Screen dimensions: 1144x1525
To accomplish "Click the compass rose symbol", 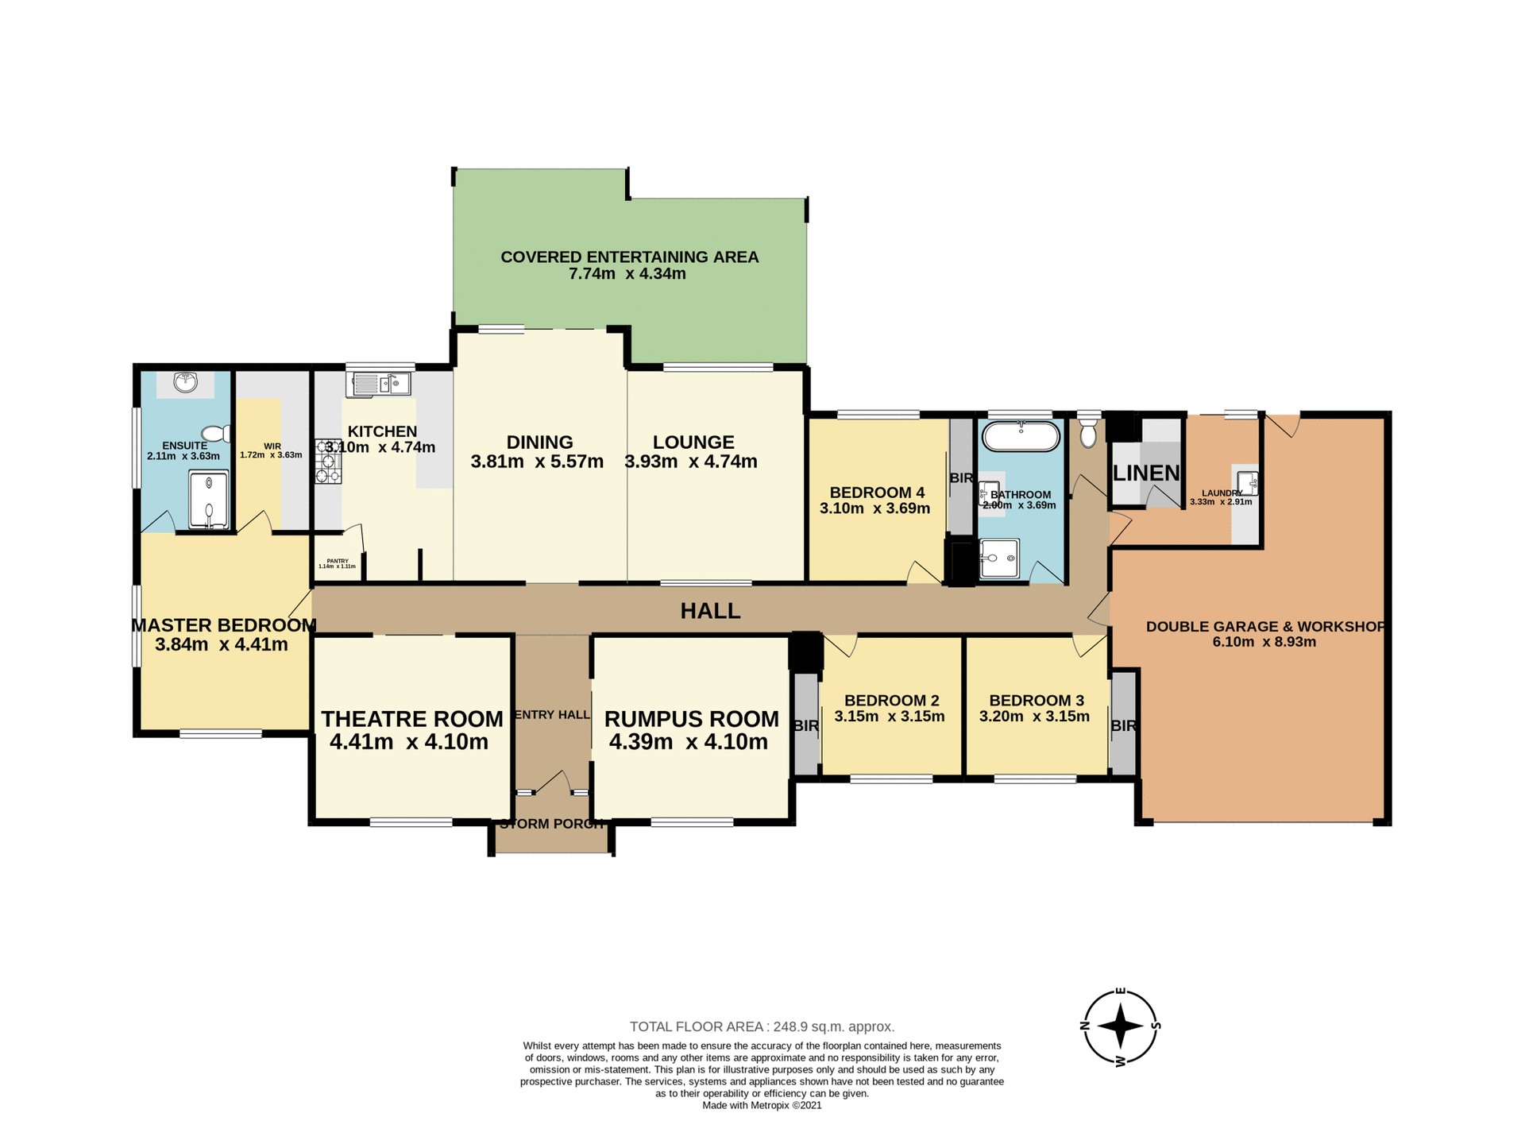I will click(x=1120, y=1026).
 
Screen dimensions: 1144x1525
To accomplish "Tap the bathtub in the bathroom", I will click(x=1021, y=437).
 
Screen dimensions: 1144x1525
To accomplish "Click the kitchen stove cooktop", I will click(x=327, y=462).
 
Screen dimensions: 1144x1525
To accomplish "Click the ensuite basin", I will click(x=185, y=383).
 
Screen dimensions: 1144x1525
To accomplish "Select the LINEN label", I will click(x=1145, y=473).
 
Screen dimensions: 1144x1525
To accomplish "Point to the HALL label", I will click(x=710, y=610).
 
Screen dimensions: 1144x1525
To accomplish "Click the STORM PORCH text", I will click(x=552, y=824).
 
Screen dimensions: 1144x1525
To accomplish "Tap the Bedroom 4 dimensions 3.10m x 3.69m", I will click(x=874, y=508).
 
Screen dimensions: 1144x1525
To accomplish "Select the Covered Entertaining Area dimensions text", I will click(x=627, y=274).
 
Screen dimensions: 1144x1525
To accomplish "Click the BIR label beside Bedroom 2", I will click(x=805, y=725).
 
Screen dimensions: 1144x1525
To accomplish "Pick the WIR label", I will click(x=272, y=446).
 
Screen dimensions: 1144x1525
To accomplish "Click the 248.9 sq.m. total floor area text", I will click(x=762, y=1026).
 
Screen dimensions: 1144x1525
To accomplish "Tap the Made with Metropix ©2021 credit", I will click(x=762, y=1105).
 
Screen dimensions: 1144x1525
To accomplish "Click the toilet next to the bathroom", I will click(x=1088, y=434).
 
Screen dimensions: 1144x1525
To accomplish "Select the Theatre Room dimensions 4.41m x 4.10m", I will click(x=408, y=742).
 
